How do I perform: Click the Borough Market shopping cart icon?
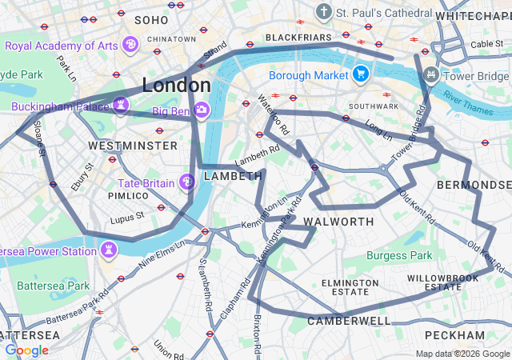click(x=361, y=74)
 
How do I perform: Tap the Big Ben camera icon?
click(x=202, y=109)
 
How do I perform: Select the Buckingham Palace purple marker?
click(x=121, y=106)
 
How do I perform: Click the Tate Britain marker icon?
click(x=187, y=183)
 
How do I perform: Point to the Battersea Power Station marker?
click(x=110, y=250)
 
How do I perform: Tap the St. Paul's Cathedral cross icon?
click(x=323, y=13)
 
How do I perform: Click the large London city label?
click(x=176, y=85)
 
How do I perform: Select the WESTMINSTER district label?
click(x=133, y=146)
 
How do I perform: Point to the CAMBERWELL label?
click(x=349, y=321)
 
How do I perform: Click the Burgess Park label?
click(x=399, y=256)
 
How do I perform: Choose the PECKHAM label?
click(x=454, y=334)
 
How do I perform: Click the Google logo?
click(x=26, y=350)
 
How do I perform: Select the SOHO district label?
click(x=151, y=19)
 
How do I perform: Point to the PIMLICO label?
click(x=128, y=195)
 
